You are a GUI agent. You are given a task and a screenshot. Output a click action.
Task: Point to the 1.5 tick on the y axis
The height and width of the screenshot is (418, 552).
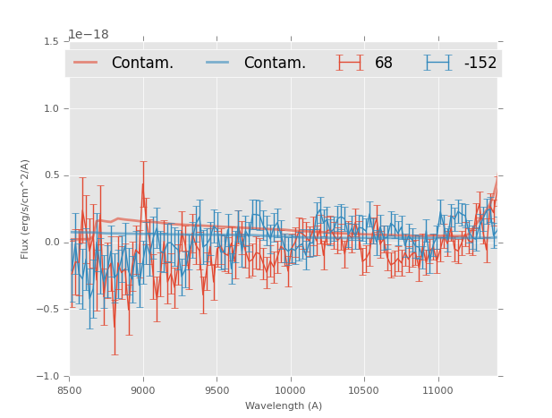[x=51, y=42]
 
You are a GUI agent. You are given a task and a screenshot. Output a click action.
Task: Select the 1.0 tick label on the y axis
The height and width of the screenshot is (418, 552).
[x=51, y=108]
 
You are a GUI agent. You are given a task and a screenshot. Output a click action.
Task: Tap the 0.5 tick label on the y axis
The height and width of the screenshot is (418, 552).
[x=51, y=175]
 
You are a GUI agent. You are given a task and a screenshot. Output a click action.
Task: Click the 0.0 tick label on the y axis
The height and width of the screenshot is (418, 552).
[x=51, y=243]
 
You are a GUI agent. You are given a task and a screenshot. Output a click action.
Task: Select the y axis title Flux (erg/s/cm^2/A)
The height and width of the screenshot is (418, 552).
[x=26, y=209]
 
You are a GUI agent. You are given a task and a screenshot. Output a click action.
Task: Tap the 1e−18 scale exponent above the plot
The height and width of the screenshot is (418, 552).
[x=89, y=35]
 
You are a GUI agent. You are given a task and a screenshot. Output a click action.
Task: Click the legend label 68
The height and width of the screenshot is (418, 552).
[x=384, y=64]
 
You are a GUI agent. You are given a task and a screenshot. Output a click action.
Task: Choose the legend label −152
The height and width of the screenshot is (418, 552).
[x=480, y=64]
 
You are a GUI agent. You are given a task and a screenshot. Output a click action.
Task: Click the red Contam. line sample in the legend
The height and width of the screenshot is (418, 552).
[x=86, y=63]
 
